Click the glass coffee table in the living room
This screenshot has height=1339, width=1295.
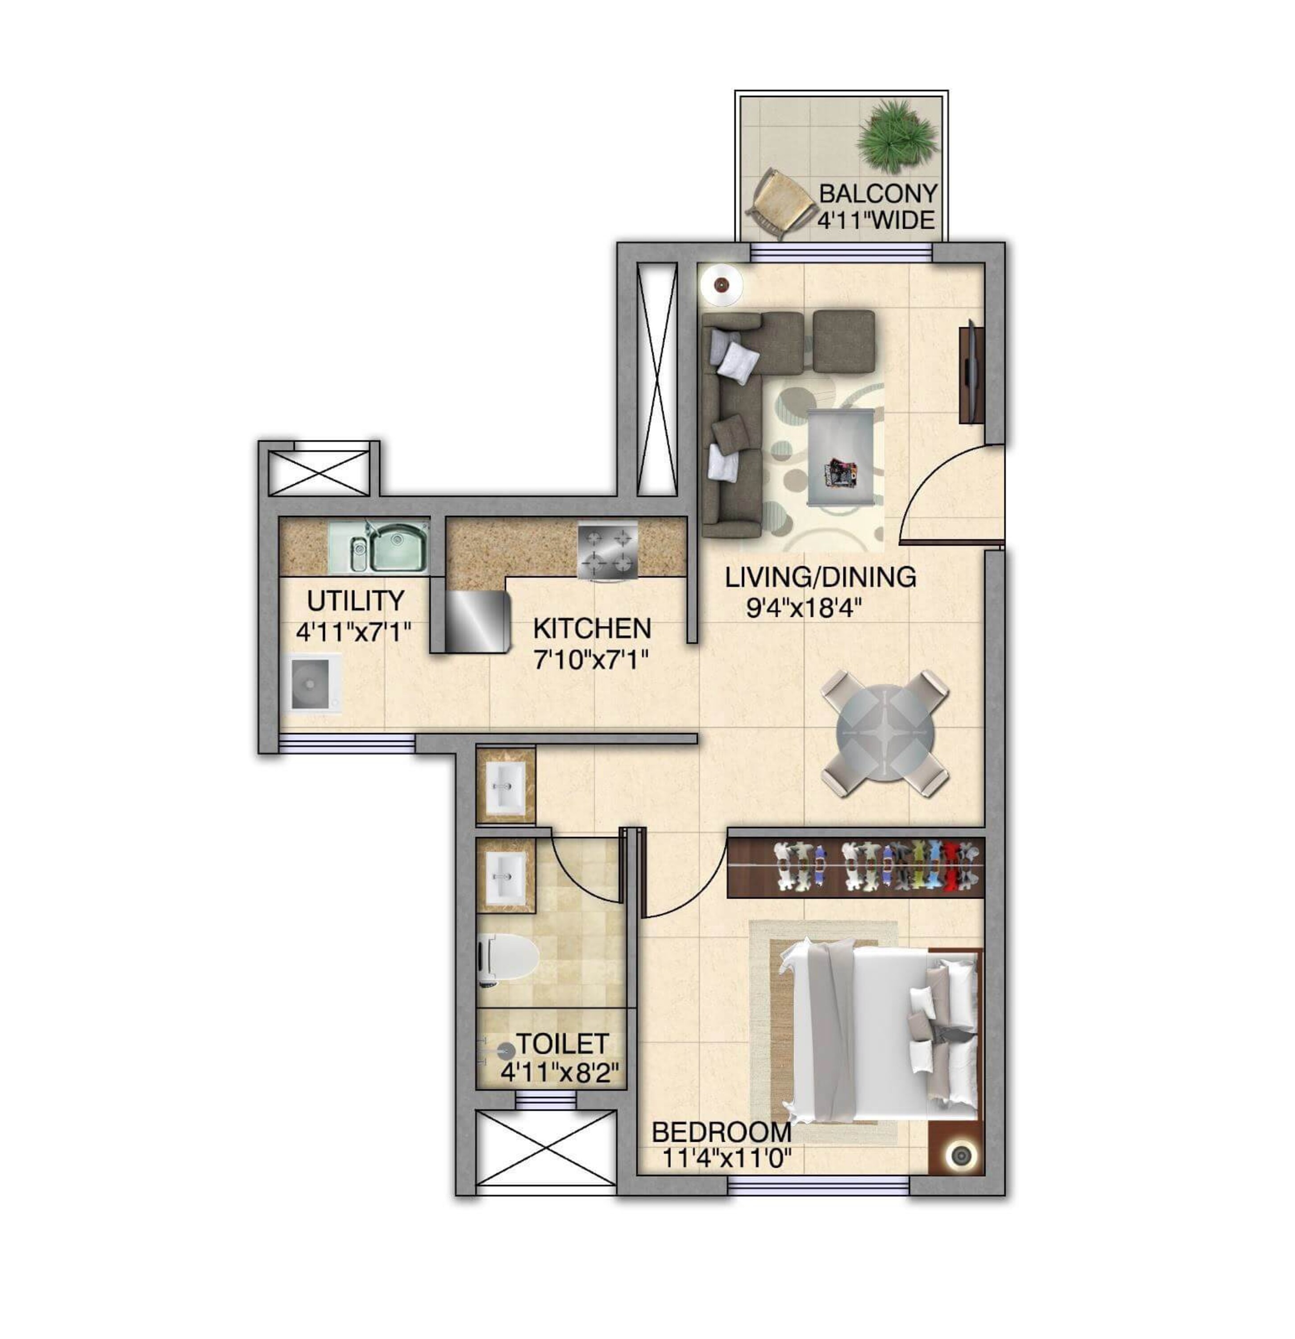coord(840,456)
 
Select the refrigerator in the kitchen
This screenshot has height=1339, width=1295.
coord(477,620)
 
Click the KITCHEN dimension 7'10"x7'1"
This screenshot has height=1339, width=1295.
coord(591,660)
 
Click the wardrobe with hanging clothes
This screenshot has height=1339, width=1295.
coord(856,867)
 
